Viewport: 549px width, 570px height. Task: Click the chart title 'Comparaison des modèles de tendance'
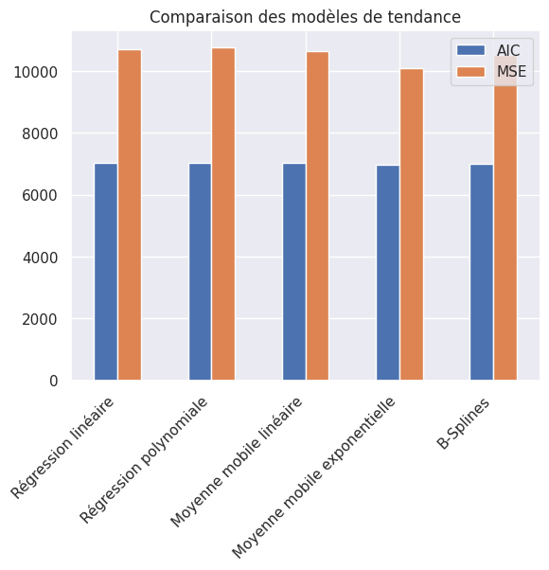pyautogui.click(x=305, y=16)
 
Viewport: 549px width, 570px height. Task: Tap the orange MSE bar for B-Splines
pyautogui.click(x=505, y=227)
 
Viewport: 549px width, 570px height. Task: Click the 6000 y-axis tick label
pyautogui.click(x=41, y=196)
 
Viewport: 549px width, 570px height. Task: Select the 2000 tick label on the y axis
pyautogui.click(x=41, y=319)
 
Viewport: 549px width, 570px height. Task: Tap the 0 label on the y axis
pyautogui.click(x=53, y=381)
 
